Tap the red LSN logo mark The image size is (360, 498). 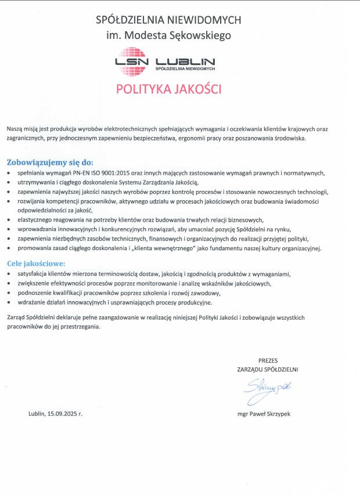131,62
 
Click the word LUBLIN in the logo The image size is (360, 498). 185,60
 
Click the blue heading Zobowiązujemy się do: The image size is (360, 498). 50,163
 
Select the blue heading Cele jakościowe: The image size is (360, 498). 36,264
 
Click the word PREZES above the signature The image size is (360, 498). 268,360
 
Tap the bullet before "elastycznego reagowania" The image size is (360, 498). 8,220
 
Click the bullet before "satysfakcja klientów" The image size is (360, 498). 8,273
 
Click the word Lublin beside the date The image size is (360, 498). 38,414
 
